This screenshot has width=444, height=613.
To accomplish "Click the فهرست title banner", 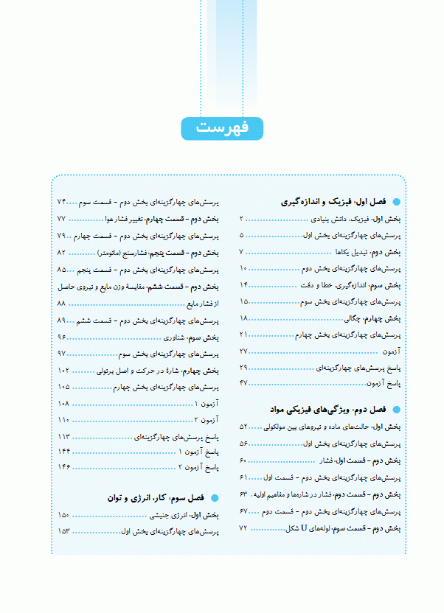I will point(222,127).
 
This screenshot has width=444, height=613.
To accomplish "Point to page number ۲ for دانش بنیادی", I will point(242,219).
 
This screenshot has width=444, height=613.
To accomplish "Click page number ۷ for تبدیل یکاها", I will point(242,252).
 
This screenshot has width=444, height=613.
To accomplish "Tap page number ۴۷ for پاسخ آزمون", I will point(244,383).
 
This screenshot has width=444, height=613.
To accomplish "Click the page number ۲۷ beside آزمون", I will point(244,351).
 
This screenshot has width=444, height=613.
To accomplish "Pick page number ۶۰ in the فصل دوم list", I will point(243,460).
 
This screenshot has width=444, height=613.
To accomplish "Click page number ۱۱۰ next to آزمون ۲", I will point(63,420).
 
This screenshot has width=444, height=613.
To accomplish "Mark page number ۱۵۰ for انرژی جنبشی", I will point(63,515).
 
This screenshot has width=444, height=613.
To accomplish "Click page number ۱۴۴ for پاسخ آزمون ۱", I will point(63,451).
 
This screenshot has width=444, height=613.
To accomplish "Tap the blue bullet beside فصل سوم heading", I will point(215,499).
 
